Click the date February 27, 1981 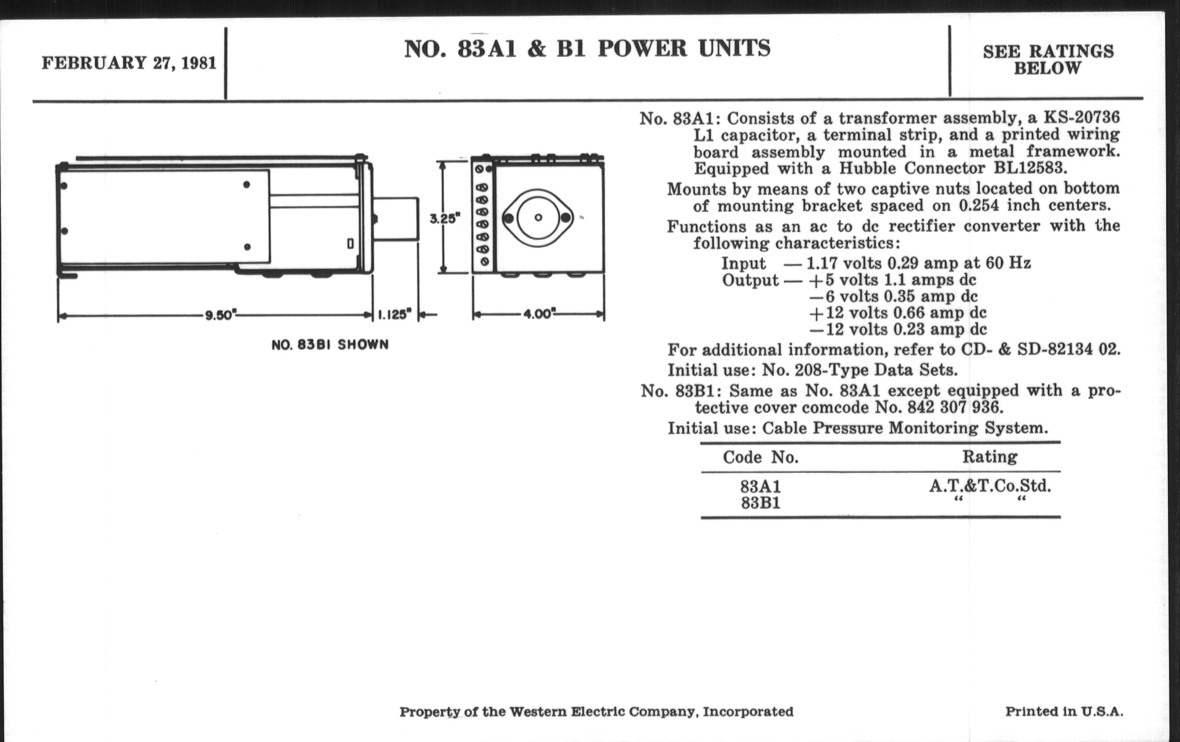click(129, 64)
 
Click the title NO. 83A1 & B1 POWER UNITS click(587, 49)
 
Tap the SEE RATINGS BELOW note click(1048, 59)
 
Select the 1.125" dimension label click(394, 314)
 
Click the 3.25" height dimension click(445, 218)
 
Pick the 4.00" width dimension click(538, 314)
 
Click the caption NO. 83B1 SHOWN click(330, 345)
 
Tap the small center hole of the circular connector click(538, 217)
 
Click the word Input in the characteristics click(743, 263)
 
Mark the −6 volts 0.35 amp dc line click(893, 296)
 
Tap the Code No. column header click(760, 457)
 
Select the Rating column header click(989, 457)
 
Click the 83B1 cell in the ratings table click(760, 503)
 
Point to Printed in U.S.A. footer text click(1064, 711)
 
